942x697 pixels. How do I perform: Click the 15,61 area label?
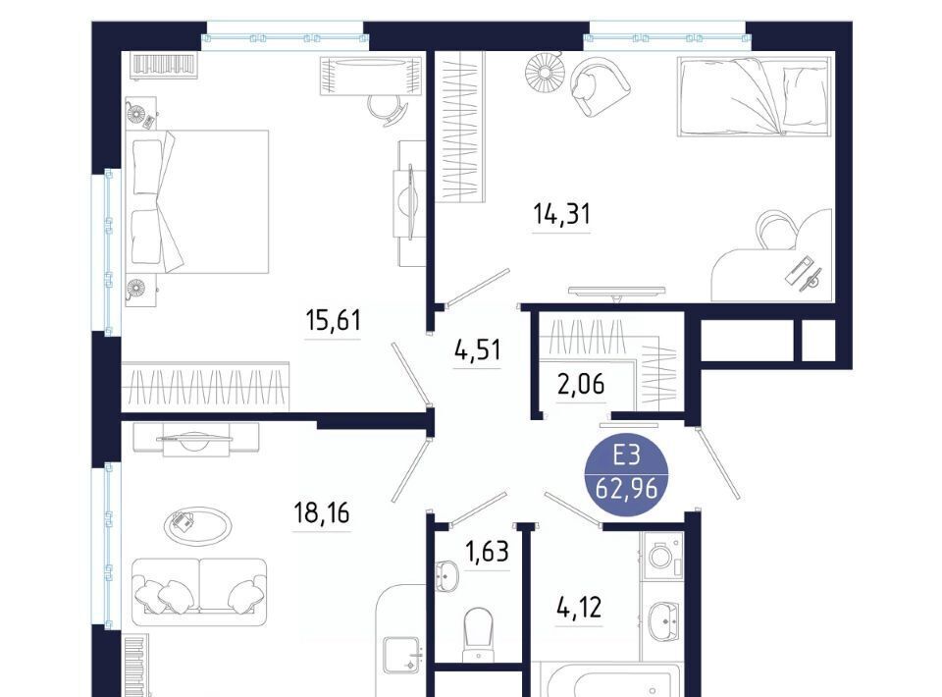[334, 320]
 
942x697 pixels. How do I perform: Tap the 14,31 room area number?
[561, 213]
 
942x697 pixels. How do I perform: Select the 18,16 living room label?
[322, 513]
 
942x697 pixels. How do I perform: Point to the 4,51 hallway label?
[477, 349]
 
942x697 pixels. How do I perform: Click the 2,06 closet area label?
[581, 384]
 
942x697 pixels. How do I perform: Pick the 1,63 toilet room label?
[488, 551]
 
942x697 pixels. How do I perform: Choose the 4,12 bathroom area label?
[579, 608]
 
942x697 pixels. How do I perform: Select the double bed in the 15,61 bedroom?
[196, 202]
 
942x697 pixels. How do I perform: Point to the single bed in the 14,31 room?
[756, 97]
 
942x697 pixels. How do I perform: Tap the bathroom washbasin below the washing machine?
[664, 621]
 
